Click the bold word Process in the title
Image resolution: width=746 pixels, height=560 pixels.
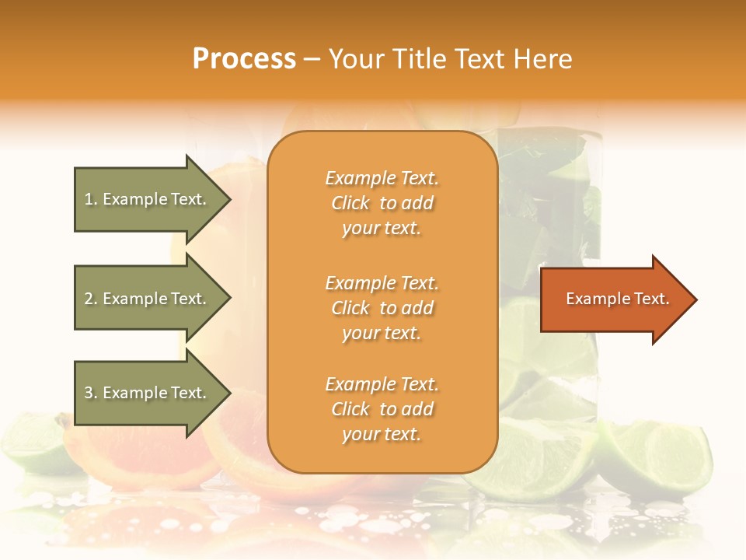click(244, 59)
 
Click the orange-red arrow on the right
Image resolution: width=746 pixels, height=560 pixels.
click(614, 299)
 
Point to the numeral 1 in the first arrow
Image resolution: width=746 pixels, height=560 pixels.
click(89, 199)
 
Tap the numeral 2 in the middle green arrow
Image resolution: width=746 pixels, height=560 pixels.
click(89, 299)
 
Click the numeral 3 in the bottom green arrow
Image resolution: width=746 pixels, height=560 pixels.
click(89, 393)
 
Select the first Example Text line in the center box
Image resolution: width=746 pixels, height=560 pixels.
click(382, 178)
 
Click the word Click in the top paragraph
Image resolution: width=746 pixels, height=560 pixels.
click(350, 203)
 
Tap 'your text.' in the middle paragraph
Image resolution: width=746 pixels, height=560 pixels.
click(382, 333)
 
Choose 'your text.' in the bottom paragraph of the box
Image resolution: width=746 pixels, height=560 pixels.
click(382, 434)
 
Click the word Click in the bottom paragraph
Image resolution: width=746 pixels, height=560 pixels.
click(350, 409)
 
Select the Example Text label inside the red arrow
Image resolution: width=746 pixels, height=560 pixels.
click(617, 299)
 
